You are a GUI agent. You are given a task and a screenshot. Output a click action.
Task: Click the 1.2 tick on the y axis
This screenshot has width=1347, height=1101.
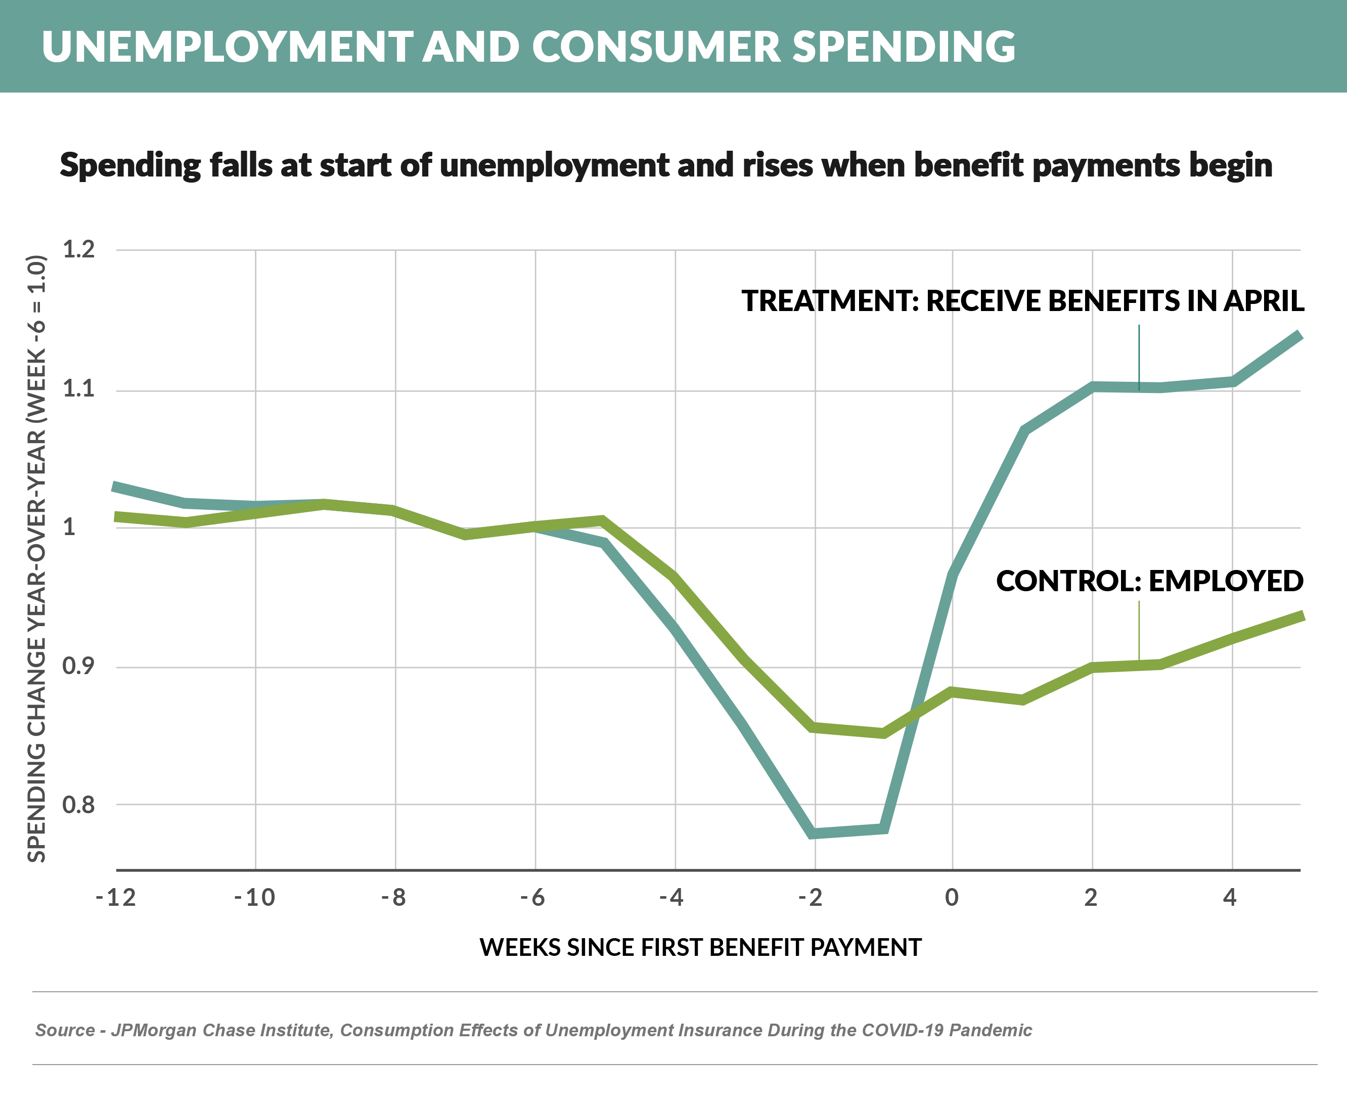tap(78, 249)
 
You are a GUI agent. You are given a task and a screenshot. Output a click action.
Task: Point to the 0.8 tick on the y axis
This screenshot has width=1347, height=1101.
tap(78, 805)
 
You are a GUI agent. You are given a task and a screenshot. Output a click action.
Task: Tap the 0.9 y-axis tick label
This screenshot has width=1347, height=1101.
tap(78, 666)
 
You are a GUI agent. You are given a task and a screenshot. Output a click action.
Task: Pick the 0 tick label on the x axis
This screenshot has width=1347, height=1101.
tap(951, 897)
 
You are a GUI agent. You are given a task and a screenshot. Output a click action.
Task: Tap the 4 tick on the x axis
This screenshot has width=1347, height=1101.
tap(1230, 897)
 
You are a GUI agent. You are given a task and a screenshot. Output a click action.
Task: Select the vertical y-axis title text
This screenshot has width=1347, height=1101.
tap(37, 558)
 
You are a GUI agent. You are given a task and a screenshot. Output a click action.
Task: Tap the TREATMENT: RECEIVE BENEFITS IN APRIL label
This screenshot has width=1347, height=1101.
tap(1022, 300)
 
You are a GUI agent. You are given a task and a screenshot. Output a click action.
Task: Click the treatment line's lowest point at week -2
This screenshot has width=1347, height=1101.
tap(814, 833)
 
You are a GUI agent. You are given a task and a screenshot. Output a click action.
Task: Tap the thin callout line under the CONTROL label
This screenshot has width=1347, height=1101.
tap(1139, 631)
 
